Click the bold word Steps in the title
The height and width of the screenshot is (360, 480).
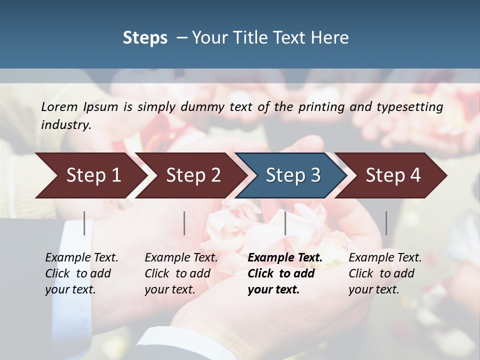145,38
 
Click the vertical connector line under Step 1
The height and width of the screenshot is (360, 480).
84,223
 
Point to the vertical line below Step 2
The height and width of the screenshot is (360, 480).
184,223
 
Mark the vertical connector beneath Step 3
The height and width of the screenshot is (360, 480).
285,223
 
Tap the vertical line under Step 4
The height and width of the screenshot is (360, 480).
386,223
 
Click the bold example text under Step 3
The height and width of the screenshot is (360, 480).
284,273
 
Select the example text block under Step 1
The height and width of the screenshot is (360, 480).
81,273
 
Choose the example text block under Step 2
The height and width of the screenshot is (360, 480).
181,273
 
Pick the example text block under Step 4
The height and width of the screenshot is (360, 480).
384,273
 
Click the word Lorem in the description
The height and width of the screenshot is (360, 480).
59,107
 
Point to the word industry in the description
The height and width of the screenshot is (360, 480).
66,125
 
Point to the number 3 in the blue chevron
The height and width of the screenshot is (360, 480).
315,175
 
